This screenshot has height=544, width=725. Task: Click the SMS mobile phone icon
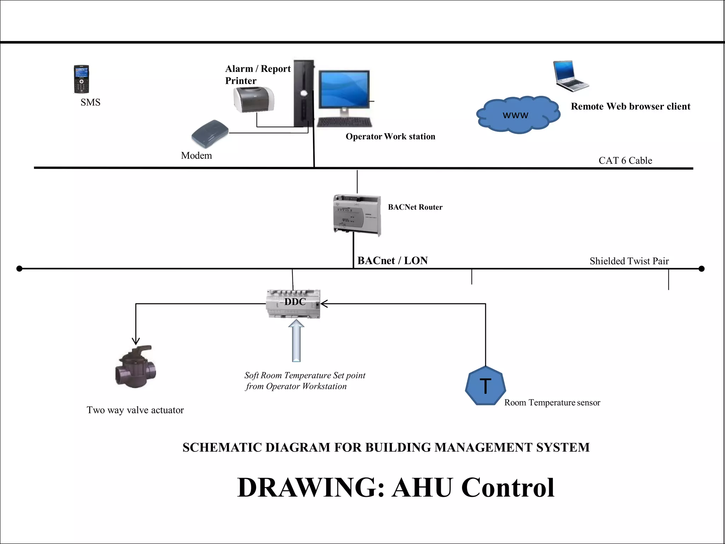coord(81,79)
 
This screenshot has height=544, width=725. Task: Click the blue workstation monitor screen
coord(344,90)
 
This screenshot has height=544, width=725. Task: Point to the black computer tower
coord(304,93)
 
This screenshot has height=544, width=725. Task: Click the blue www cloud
coord(518,115)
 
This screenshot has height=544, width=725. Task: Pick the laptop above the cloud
coord(570,76)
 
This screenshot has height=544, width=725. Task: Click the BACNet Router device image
coord(357,215)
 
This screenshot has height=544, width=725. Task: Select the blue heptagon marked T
coord(485,386)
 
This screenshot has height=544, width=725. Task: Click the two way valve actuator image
coord(136,367)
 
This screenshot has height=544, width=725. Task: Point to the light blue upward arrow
coord(296,340)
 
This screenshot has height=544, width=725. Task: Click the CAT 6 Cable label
coord(625,160)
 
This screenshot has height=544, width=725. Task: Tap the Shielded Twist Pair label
coord(629,261)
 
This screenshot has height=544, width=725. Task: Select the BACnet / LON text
coord(392,261)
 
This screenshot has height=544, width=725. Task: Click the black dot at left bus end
coord(19,269)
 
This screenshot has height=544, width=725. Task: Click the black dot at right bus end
coord(702,269)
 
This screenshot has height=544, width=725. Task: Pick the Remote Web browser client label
coord(630,106)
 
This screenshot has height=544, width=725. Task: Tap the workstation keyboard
coord(344,122)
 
